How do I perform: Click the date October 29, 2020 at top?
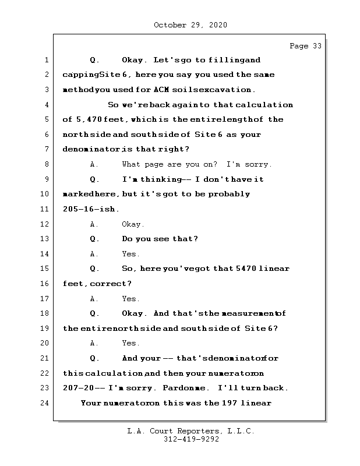(190, 25)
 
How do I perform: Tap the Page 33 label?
(305, 46)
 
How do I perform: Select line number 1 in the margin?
(45, 60)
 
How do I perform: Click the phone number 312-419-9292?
(190, 440)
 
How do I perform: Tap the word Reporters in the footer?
(197, 432)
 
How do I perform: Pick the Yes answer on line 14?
(130, 254)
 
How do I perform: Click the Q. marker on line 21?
(95, 358)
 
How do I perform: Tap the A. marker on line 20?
(94, 344)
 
